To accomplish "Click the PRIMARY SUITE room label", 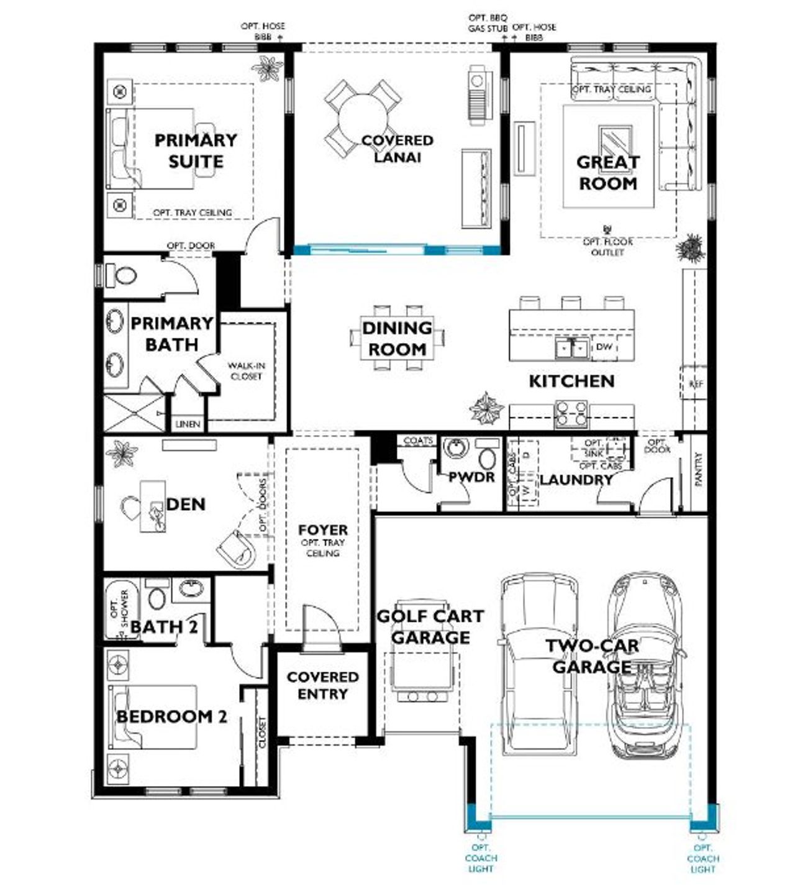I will click(x=195, y=151).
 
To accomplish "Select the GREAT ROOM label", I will click(x=607, y=173).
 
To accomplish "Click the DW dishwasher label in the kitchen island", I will click(x=604, y=347).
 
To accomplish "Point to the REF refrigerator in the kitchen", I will click(x=696, y=385).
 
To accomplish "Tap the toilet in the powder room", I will click(x=488, y=457).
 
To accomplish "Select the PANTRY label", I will click(x=698, y=469).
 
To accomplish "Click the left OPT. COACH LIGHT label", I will click(x=480, y=858).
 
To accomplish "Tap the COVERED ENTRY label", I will click(x=322, y=685).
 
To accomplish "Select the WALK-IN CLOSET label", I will click(x=246, y=372).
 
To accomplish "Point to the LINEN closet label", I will click(x=188, y=424).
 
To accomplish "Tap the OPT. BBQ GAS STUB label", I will click(x=488, y=24).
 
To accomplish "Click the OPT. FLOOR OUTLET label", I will click(x=607, y=247).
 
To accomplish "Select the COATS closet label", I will click(x=418, y=441).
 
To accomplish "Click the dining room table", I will click(x=397, y=338).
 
